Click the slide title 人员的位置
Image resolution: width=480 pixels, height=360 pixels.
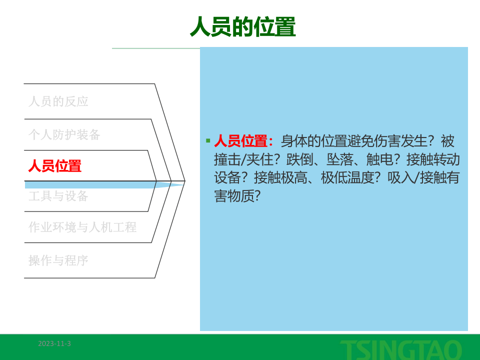click(x=242, y=27)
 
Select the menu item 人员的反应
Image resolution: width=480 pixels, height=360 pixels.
click(x=58, y=101)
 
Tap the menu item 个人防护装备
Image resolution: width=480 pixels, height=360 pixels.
click(x=64, y=134)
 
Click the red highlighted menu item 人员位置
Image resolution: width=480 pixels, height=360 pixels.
click(x=55, y=166)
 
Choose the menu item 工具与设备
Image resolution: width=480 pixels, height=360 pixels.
click(x=58, y=196)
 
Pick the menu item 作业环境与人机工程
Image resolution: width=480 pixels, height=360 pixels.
click(x=82, y=227)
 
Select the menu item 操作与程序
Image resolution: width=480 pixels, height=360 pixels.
click(x=58, y=260)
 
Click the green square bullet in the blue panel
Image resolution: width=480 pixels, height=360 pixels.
click(x=208, y=140)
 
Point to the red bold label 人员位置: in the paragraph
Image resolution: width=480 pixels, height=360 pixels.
click(x=244, y=141)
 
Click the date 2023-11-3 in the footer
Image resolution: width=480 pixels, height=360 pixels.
click(x=54, y=343)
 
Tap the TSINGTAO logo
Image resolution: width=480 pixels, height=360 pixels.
click(x=401, y=349)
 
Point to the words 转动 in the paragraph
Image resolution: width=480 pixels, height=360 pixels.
click(x=446, y=159)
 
